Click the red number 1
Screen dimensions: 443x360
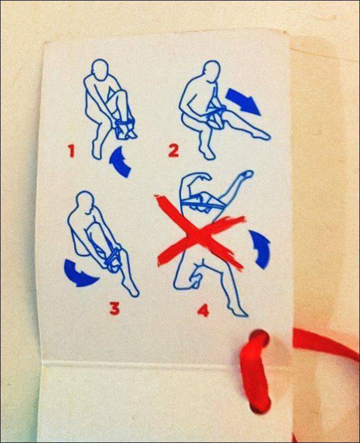tap(71, 151)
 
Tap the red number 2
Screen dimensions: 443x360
tap(173, 150)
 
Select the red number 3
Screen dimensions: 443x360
tap(115, 308)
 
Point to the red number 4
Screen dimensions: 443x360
tap(203, 310)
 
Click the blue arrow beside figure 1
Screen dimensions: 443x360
tap(120, 162)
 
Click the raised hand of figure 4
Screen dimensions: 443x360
tap(246, 176)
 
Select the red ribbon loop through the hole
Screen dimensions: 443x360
tap(255, 371)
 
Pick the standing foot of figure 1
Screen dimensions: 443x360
tap(97, 149)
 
